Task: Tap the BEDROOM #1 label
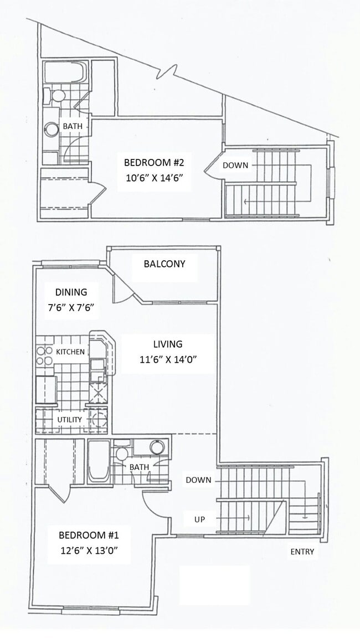(x=88, y=536)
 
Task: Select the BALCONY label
(x=164, y=264)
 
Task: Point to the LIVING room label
(x=168, y=344)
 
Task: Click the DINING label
(x=70, y=292)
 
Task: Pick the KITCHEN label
(x=70, y=352)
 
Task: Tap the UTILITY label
(x=69, y=419)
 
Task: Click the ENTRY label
(x=302, y=552)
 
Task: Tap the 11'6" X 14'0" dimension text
(x=168, y=359)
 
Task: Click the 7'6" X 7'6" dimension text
(x=70, y=308)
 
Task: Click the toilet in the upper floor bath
(x=56, y=96)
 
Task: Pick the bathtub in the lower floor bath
(x=99, y=461)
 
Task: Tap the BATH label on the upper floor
(x=72, y=126)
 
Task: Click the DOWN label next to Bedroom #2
(x=235, y=165)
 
